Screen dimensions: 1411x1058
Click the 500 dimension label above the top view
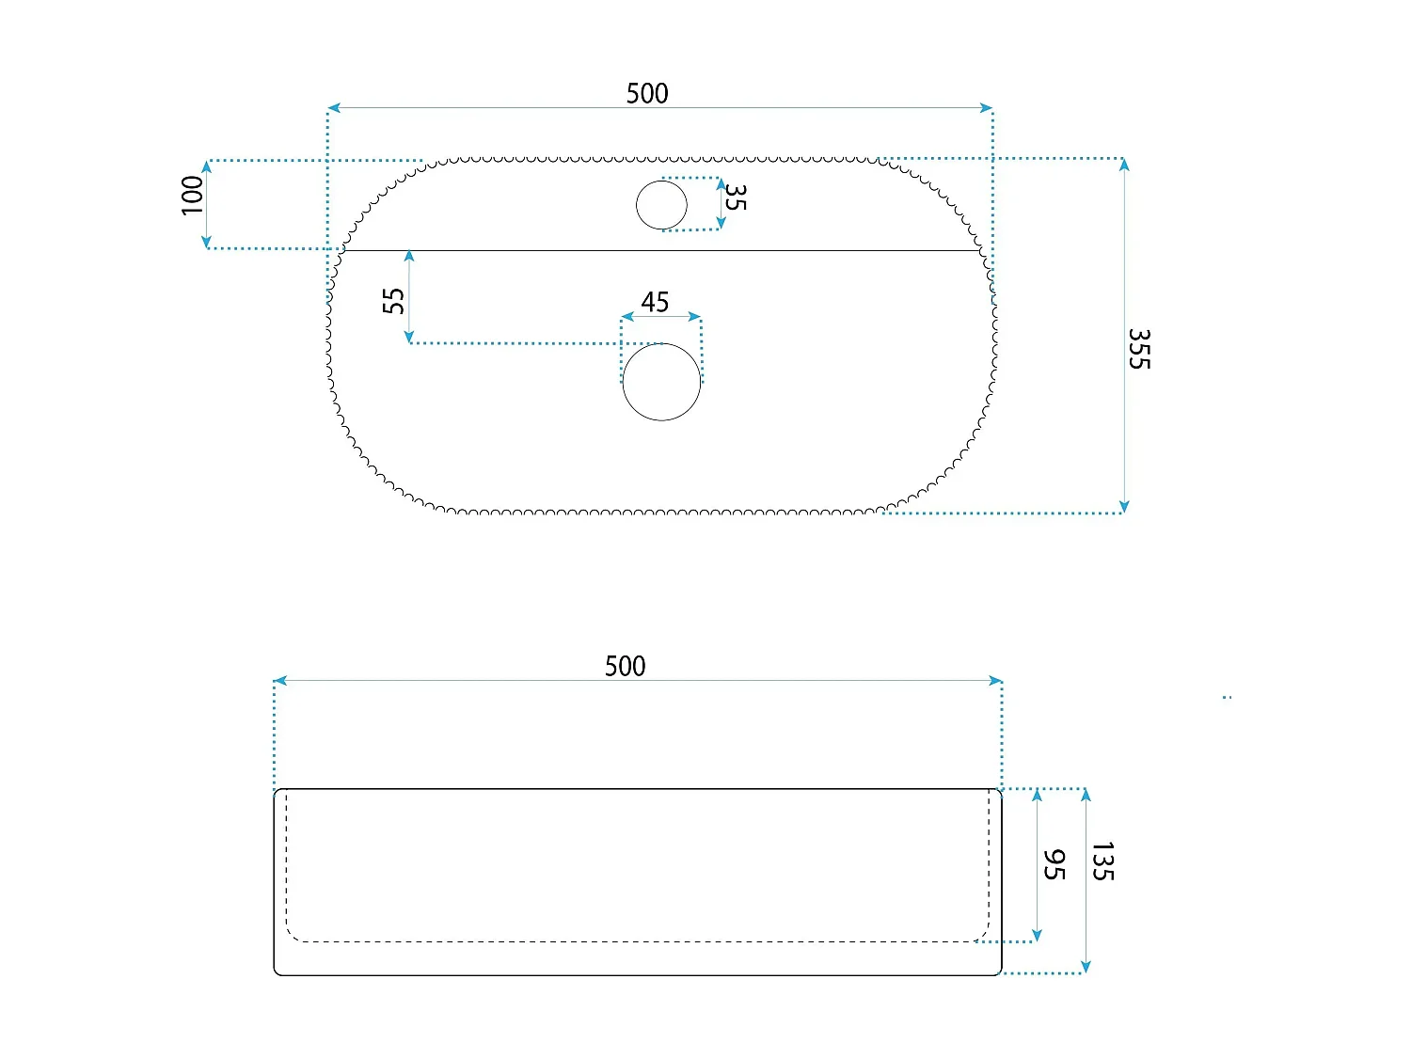point(646,94)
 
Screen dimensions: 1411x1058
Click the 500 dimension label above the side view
point(625,666)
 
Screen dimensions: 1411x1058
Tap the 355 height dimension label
point(1139,349)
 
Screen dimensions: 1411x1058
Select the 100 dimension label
point(192,196)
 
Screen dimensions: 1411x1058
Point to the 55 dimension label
point(393,301)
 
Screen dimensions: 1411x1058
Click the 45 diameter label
point(655,302)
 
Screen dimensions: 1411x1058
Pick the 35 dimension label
point(736,197)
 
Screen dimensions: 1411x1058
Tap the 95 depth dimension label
point(1054,864)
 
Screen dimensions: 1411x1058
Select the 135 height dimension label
point(1103,861)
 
